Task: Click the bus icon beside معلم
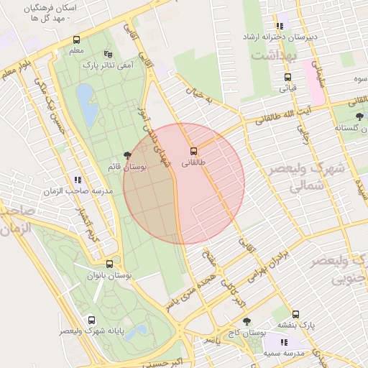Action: tap(77, 40)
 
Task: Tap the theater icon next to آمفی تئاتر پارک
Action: tap(109, 54)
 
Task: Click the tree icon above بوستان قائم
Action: tap(127, 155)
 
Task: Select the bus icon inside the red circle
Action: tap(193, 151)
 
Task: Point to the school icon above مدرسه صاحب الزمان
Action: tap(77, 180)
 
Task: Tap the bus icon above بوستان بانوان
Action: tap(109, 264)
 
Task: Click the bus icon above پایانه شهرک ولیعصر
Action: tap(91, 320)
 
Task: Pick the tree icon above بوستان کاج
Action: tap(247, 322)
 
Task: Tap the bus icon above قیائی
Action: tap(287, 78)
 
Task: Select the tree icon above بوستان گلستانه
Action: tap(359, 116)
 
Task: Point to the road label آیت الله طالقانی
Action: tap(296, 110)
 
